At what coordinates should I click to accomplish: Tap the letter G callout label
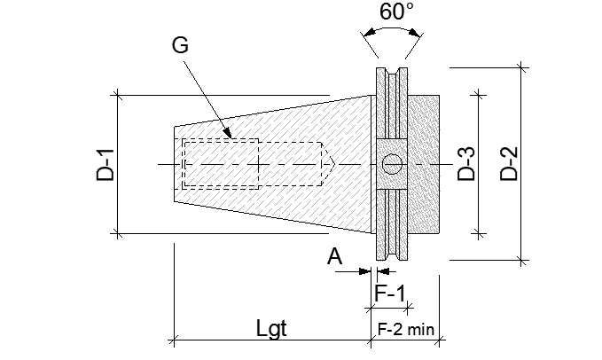(x=180, y=47)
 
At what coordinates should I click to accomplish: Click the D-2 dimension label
(x=507, y=163)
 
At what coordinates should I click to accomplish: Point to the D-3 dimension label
(x=465, y=163)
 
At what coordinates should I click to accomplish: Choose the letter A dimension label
(x=334, y=256)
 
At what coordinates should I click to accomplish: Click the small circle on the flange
(x=389, y=164)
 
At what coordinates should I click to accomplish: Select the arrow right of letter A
(x=363, y=270)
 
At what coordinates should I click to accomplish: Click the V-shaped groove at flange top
(x=390, y=73)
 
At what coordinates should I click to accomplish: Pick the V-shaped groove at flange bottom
(x=390, y=256)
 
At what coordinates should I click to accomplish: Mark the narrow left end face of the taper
(x=175, y=164)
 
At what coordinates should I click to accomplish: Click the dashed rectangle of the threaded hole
(x=219, y=164)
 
